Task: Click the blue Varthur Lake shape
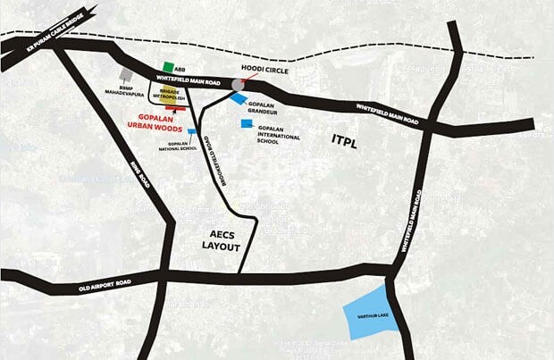(x=371, y=316)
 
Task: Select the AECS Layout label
(x=217, y=240)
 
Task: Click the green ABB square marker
(x=169, y=68)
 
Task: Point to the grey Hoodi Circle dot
(x=238, y=84)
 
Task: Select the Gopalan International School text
(x=280, y=134)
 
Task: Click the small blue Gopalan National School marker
(x=191, y=131)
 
